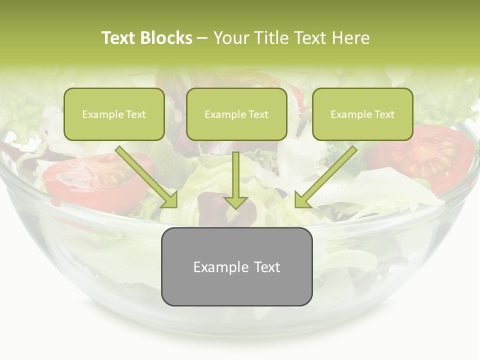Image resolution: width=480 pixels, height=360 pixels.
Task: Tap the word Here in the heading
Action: [x=350, y=38]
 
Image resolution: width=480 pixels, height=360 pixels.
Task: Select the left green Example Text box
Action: [x=114, y=114]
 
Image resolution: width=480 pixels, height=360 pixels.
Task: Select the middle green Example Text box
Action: [x=236, y=114]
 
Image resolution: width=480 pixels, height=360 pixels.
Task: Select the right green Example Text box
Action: [x=362, y=114]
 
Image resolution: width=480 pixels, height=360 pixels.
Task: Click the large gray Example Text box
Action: [x=236, y=266]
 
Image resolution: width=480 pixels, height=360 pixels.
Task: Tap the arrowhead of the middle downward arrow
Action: [x=235, y=201]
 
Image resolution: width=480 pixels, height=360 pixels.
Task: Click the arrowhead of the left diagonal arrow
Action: [x=170, y=200]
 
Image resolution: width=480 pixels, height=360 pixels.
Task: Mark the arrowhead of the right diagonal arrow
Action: [x=302, y=200]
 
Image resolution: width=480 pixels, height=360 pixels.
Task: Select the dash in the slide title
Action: [x=202, y=38]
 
